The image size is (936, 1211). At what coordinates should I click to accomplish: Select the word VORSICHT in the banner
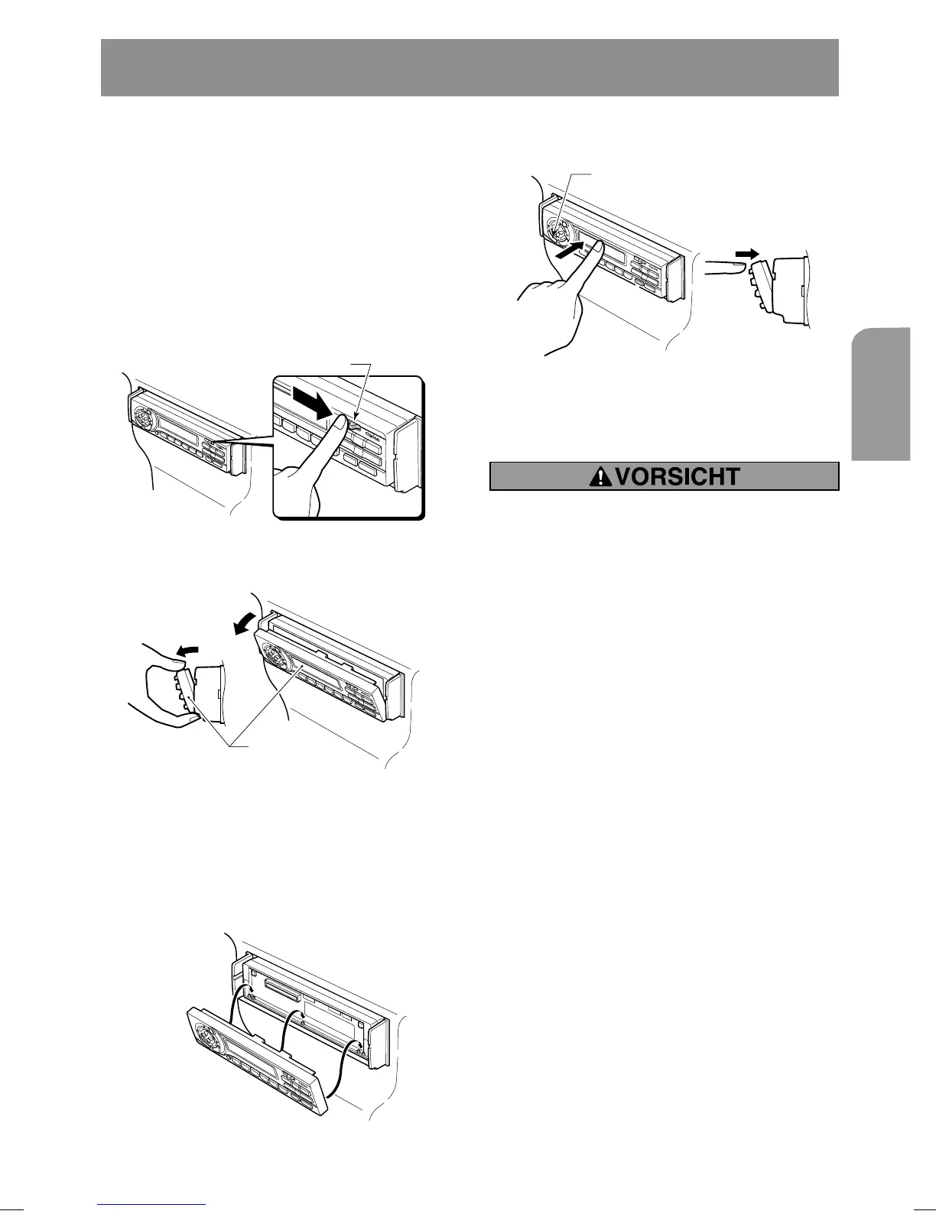point(677,477)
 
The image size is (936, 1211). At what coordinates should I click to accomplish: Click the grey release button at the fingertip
point(354,426)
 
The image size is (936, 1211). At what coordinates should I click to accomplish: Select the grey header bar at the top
point(470,67)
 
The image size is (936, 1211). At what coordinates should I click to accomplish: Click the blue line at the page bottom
point(152,1206)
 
